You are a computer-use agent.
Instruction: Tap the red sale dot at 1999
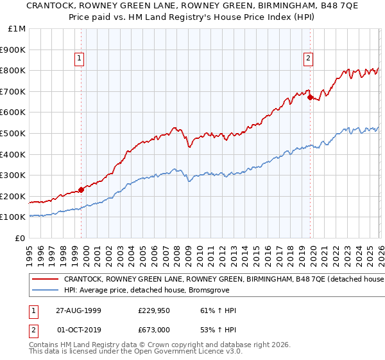coord(81,190)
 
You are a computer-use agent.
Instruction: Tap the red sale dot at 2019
coord(310,98)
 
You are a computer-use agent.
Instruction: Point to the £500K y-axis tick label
coord(13,133)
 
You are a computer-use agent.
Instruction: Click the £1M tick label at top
coord(15,28)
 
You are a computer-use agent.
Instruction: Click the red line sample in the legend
coord(46,279)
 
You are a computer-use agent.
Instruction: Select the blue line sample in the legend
coord(46,290)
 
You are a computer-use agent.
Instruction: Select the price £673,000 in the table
coord(156,329)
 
